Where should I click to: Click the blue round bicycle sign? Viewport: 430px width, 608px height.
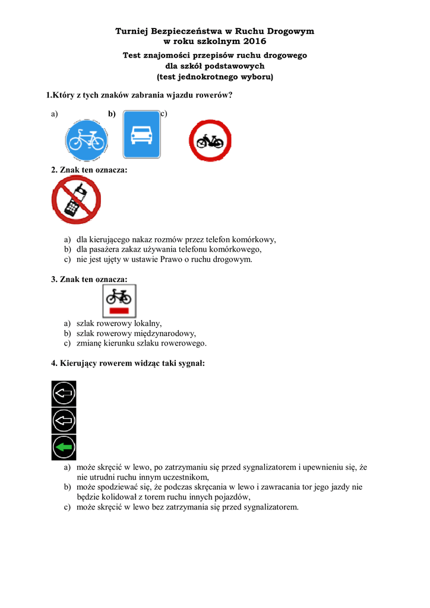pyautogui.click(x=86, y=140)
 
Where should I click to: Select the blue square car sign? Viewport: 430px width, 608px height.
pyautogui.click(x=141, y=135)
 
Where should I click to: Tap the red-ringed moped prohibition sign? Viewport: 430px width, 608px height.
pyautogui.click(x=210, y=140)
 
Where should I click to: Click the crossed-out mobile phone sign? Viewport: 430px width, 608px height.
pyautogui.click(x=76, y=199)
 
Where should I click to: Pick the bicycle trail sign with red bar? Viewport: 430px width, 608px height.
pyautogui.click(x=119, y=300)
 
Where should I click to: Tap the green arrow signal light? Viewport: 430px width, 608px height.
pyautogui.click(x=64, y=446)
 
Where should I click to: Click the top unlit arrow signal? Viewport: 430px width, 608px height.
pyautogui.click(x=64, y=392)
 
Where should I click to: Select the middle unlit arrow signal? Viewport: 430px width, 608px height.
pyautogui.click(x=64, y=420)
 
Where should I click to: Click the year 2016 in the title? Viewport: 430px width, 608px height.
pyautogui.click(x=255, y=42)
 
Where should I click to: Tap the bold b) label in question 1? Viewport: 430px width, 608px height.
pyautogui.click(x=112, y=114)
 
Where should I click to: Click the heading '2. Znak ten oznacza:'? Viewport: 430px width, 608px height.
pyautogui.click(x=89, y=170)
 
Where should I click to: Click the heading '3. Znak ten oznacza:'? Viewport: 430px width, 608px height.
pyautogui.click(x=89, y=278)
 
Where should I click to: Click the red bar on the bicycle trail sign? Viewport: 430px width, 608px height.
pyautogui.click(x=119, y=310)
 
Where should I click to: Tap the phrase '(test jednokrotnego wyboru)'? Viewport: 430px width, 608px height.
pyautogui.click(x=214, y=77)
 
